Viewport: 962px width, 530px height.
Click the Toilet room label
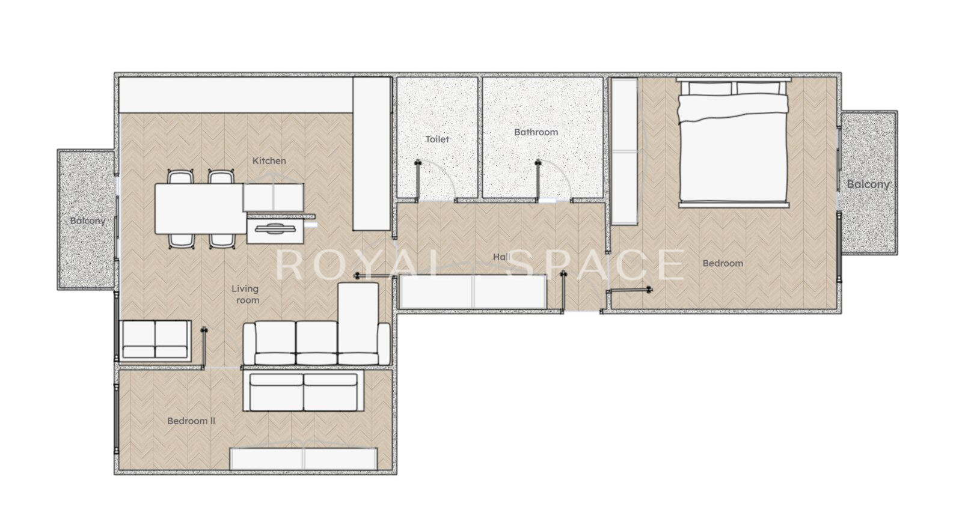[x=437, y=139]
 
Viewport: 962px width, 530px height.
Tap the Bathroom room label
[x=536, y=132]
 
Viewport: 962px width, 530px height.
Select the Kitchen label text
[x=269, y=161]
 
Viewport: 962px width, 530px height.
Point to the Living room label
[x=246, y=294]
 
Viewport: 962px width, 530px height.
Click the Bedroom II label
[x=191, y=421]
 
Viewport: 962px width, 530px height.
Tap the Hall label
[x=501, y=257]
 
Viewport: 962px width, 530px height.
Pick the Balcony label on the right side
[x=868, y=185]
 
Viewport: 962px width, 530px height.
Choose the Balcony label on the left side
[x=88, y=221]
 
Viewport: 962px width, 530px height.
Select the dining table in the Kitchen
[x=201, y=209]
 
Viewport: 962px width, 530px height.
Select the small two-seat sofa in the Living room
[x=155, y=340]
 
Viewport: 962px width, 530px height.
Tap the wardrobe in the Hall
[x=473, y=291]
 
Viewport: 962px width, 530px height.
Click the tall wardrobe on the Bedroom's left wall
[x=624, y=151]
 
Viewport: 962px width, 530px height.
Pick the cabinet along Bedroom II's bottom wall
[x=304, y=458]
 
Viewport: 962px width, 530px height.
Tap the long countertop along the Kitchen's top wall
[x=236, y=95]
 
